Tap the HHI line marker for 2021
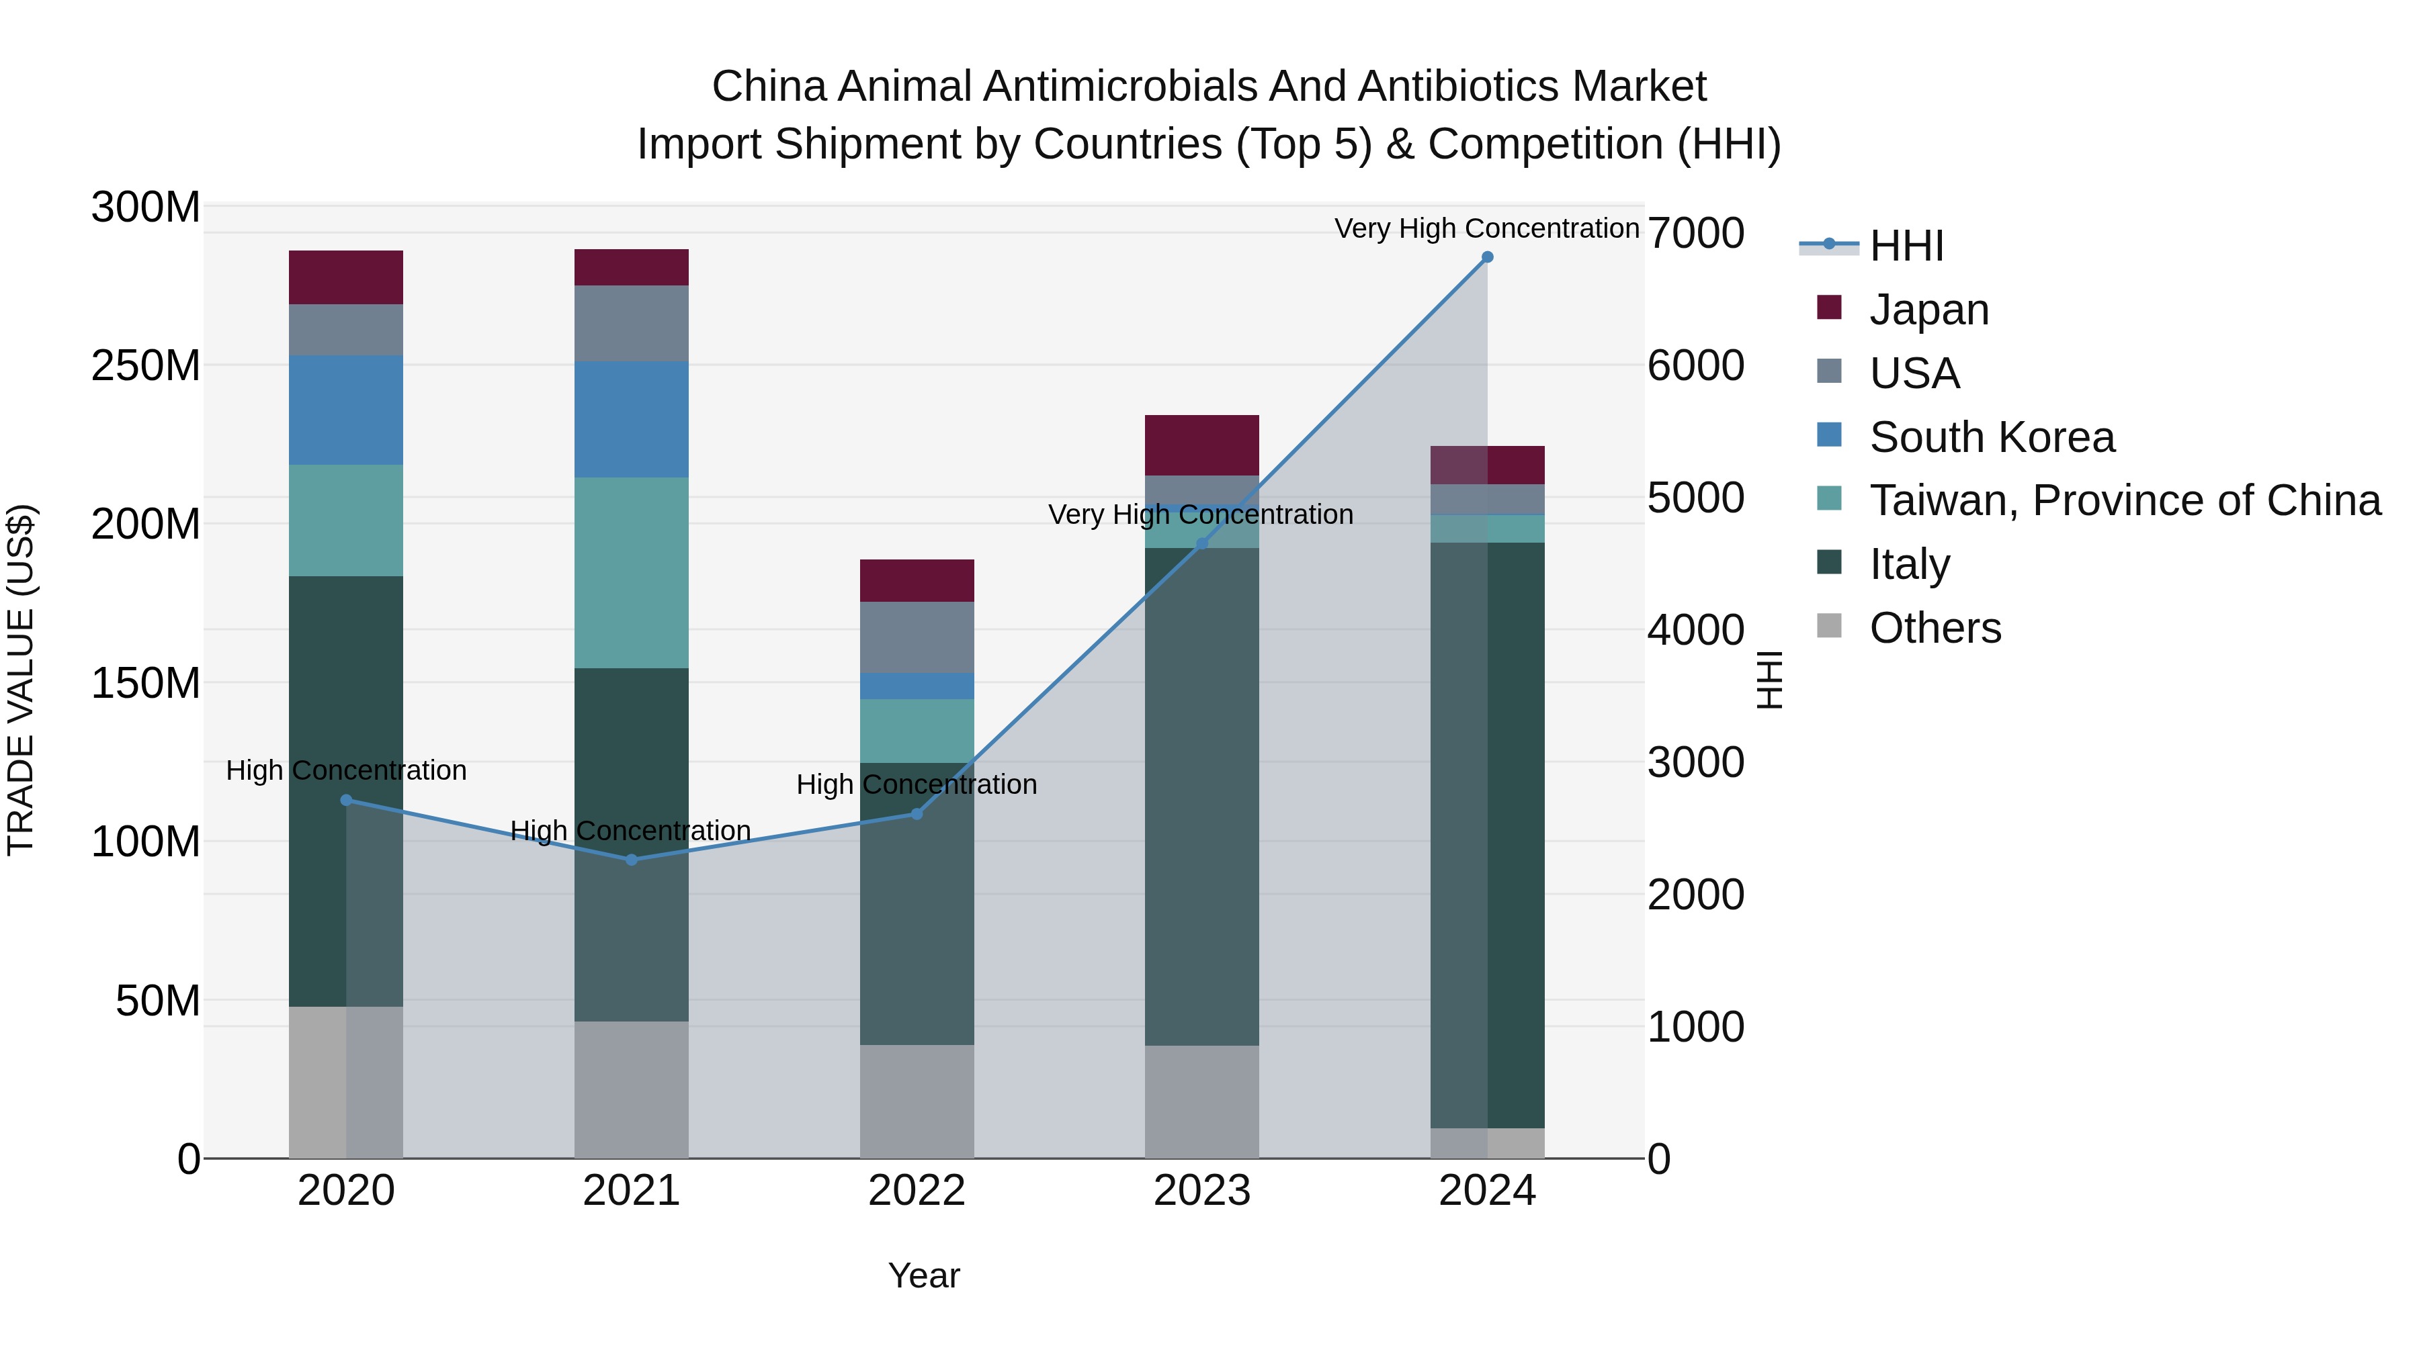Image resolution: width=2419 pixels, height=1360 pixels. tap(631, 860)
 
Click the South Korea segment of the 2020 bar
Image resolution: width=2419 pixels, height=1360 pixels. tap(345, 410)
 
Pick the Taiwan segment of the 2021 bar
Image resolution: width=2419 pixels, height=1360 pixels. tap(631, 572)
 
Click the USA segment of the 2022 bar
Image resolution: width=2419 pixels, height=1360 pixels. tap(917, 637)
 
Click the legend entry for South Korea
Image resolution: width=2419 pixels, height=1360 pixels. tap(1991, 437)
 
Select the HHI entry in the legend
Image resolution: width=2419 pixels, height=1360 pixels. tap(1906, 246)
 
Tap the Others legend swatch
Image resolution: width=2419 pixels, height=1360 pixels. tap(1829, 626)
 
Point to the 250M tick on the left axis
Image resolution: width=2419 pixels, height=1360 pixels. tap(146, 365)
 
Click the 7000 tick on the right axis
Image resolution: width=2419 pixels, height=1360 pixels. tap(1696, 233)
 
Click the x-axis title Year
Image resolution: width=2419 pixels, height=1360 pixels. tap(924, 1275)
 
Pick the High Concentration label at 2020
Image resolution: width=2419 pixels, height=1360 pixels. tap(345, 770)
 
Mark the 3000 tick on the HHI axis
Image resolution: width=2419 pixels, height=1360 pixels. tap(1696, 762)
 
